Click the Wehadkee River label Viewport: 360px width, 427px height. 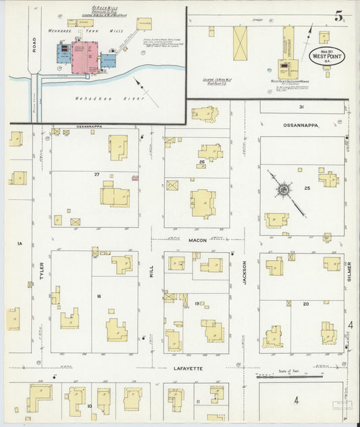[x=95, y=97]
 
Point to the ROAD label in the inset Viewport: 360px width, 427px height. [x=33, y=43]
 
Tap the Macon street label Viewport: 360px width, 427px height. [x=197, y=240]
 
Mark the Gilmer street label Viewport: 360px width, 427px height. [x=350, y=271]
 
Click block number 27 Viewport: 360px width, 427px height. [x=97, y=175]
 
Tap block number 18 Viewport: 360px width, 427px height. [x=99, y=296]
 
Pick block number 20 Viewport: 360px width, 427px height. [x=305, y=304]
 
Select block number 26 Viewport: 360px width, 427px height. [x=202, y=162]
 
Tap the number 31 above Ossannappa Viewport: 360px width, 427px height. [x=302, y=107]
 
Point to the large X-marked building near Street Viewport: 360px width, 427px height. [x=240, y=43]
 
